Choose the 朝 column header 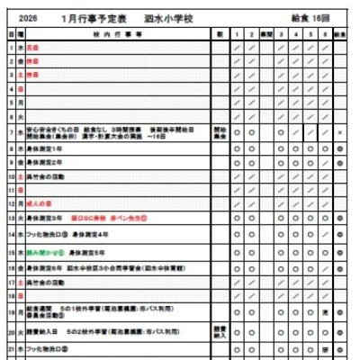pos(219,32)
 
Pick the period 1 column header pos(237,32)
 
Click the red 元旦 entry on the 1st pos(33,46)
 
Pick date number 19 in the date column pos(11,311)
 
